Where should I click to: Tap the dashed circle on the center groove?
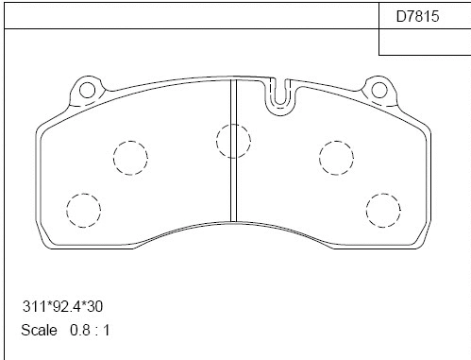233,141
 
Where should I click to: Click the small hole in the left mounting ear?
89,91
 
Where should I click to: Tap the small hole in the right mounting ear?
379,91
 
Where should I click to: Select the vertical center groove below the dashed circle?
233,189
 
